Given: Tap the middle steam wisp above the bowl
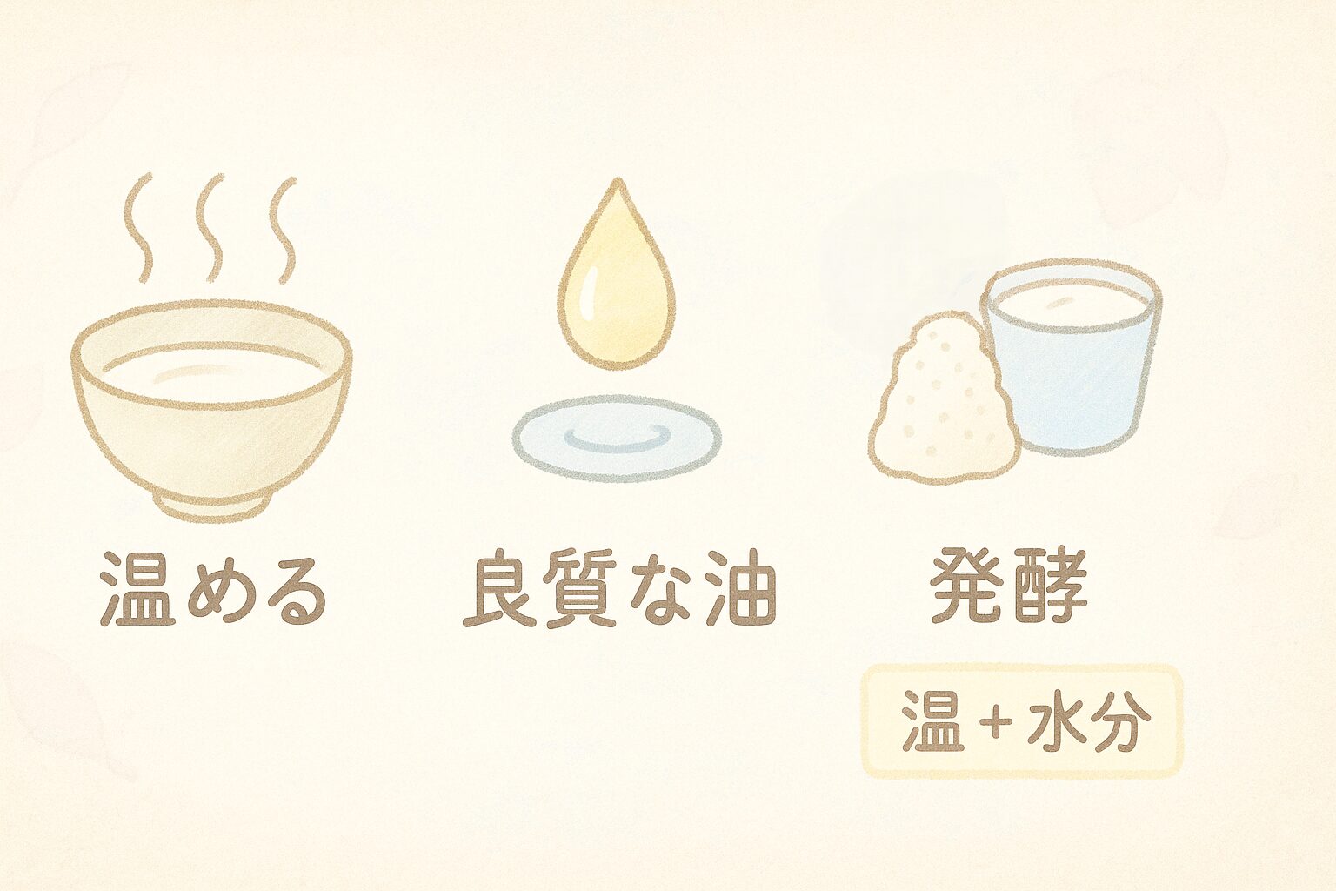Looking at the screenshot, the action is [210, 228].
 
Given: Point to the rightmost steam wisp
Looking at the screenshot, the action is [282, 230].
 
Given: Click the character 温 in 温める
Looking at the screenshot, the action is [138, 589].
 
